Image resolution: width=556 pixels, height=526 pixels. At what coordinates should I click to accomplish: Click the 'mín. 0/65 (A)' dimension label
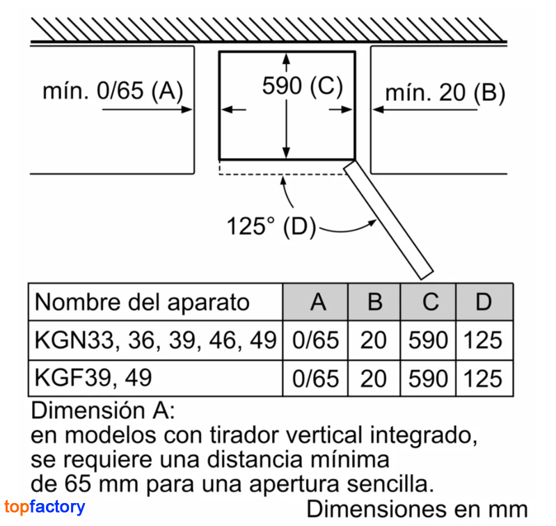point(113,90)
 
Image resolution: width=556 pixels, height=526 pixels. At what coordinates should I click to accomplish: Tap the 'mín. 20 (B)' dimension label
point(445,93)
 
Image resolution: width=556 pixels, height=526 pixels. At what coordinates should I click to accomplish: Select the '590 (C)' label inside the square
point(303,86)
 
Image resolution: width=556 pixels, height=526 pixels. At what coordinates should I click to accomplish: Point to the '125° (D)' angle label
point(271,226)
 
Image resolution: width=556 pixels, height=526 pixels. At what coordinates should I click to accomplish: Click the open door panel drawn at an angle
point(388,220)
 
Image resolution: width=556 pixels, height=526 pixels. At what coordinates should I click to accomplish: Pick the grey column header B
point(375,302)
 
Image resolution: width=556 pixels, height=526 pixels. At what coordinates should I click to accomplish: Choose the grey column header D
point(484,302)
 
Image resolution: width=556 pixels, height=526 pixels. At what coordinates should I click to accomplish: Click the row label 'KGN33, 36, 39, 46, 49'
point(155,340)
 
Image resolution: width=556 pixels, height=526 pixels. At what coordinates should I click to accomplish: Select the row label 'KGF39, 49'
point(93,378)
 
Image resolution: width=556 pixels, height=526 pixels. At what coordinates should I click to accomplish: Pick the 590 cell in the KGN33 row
point(429,340)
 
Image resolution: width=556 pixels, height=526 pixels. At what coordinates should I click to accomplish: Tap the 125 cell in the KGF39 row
point(483,378)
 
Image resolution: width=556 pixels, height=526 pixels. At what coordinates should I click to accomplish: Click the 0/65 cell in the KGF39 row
point(316,378)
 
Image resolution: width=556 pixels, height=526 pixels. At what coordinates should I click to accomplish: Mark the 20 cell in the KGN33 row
point(373,340)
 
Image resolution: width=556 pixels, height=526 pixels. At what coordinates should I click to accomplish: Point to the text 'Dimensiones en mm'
point(418,509)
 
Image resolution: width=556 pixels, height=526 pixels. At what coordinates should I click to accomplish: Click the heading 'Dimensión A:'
point(103,411)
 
